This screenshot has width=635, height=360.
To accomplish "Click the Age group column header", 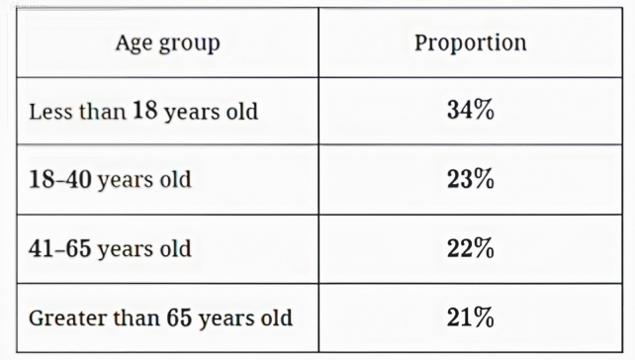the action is pos(168,44).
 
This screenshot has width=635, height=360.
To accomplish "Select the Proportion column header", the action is pos(470,43).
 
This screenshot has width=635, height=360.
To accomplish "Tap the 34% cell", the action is pos(471,110).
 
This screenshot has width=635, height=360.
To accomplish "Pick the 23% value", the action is pos(471,179).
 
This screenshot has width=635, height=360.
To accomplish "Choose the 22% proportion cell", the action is pos(471,248).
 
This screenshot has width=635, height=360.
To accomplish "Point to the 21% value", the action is pos(471,317).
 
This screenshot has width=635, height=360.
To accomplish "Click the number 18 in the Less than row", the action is pos(145,110).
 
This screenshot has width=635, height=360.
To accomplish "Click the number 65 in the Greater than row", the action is pos(179,317).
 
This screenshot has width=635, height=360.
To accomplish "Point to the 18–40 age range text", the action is pos(60,179).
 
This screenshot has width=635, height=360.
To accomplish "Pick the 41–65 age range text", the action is pos(60,248).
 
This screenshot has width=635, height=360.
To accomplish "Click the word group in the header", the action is pos(190,45).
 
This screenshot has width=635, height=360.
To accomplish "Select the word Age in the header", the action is pos(135,44).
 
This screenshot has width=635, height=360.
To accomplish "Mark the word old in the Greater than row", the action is pos(276,317).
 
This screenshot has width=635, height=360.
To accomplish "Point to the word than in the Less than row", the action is pos(103,112).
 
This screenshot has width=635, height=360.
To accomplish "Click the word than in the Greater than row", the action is pos(136,317).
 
